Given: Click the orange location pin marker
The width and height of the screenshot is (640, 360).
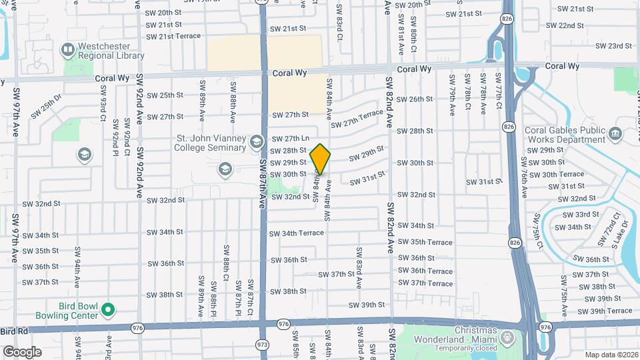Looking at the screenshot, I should [321, 159].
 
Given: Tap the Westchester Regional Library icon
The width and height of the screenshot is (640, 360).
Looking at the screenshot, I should [67, 49].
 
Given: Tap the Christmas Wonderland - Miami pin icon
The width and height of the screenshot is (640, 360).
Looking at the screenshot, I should [509, 336].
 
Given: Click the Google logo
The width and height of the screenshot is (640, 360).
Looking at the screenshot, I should [22, 352].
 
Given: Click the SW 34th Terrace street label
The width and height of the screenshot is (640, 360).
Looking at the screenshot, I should [297, 233].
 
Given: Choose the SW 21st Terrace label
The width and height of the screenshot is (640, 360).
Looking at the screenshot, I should [173, 35].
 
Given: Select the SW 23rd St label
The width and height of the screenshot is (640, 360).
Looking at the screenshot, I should [613, 45].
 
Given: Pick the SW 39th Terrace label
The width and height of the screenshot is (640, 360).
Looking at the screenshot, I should [605, 311].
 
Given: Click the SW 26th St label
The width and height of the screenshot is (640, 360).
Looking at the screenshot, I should [416, 99].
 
